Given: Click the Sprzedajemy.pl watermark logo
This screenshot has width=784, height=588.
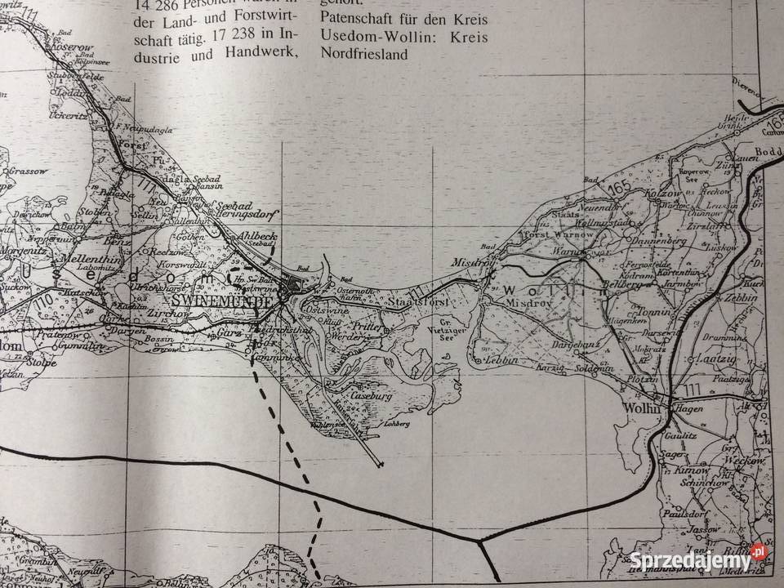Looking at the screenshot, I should coord(700,561).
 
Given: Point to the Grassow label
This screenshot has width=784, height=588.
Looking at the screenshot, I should coord(28,172).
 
